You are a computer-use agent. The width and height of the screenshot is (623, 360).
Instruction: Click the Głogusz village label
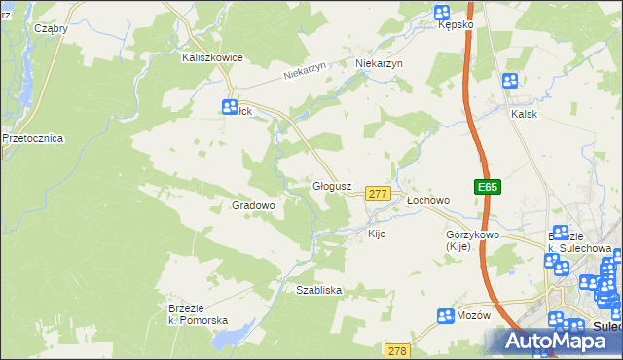point(338,185)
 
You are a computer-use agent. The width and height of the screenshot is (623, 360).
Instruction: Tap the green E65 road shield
point(488,186)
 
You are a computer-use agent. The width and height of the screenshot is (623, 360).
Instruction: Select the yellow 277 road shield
point(379,195)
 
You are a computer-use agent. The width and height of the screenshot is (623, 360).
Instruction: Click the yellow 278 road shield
point(397,350)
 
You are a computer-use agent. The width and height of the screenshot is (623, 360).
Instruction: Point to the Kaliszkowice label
point(211,57)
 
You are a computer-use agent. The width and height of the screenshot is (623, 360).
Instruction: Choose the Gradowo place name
point(254,205)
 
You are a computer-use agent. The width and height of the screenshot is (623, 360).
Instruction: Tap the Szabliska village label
point(318,290)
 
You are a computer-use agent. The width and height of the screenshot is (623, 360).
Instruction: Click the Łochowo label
point(427,200)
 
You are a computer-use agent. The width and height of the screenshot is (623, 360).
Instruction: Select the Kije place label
point(378,234)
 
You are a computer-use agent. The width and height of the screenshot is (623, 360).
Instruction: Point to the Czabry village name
point(51,28)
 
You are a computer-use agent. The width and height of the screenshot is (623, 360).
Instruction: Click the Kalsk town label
point(525,113)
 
